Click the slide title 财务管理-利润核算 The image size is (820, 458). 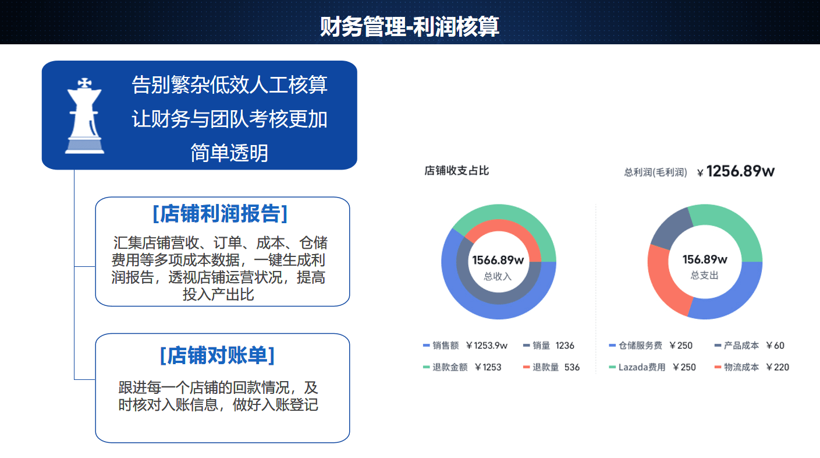[x=410, y=26]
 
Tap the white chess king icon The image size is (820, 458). [x=84, y=115]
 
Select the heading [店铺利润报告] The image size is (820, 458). [x=220, y=214]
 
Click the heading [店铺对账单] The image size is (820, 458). [x=218, y=355]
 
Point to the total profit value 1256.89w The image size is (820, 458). [x=740, y=171]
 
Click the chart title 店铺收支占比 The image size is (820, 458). [x=456, y=171]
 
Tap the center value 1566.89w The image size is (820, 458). [x=498, y=260]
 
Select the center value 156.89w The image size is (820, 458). [x=705, y=259]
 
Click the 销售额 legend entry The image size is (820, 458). [x=465, y=346]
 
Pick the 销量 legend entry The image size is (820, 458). [x=549, y=346]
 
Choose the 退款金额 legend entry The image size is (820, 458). [x=462, y=367]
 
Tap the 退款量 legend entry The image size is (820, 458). [x=551, y=367]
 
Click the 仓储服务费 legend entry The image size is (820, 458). [x=651, y=346]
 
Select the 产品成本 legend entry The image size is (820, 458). [x=750, y=346]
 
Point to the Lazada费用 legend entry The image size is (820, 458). [x=652, y=367]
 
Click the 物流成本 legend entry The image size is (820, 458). [x=751, y=367]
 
